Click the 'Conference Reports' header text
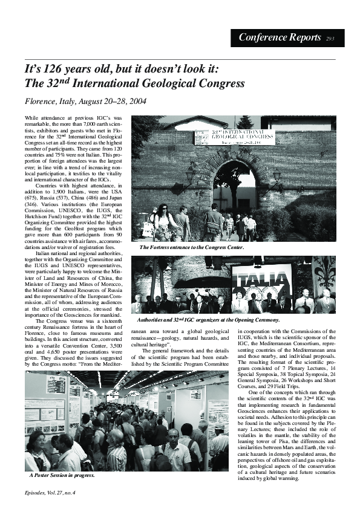click(x=280, y=37)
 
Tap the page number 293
click(x=330, y=38)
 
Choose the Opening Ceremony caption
click(x=208, y=319)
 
